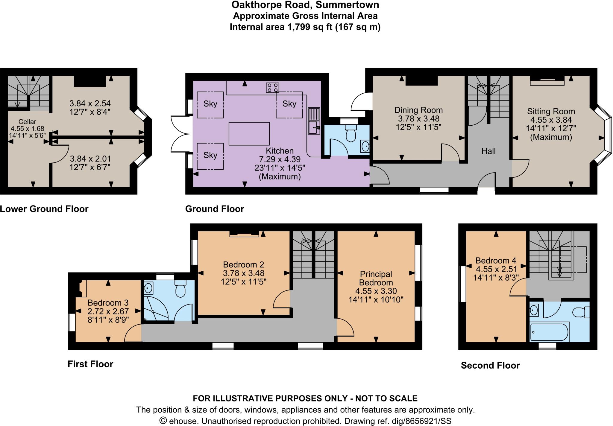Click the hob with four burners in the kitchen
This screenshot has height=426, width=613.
[272, 88]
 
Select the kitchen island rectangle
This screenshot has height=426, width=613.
[249, 134]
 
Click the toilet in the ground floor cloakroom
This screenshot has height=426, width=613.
[351, 133]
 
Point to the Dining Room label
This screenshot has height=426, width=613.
[418, 110]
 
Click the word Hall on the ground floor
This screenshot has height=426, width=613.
[488, 151]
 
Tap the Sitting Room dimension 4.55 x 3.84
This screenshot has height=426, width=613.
[551, 120]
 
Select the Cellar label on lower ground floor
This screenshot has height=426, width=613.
[27, 122]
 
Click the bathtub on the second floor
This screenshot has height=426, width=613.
[549, 332]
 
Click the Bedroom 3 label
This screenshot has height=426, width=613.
[108, 303]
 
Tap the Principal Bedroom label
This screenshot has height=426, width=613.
[376, 278]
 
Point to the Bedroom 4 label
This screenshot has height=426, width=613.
[496, 261]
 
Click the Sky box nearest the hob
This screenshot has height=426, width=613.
[289, 104]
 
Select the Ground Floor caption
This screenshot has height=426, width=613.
[215, 209]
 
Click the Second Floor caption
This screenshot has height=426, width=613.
[490, 365]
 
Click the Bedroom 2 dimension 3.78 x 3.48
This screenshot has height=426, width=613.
[243, 273]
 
